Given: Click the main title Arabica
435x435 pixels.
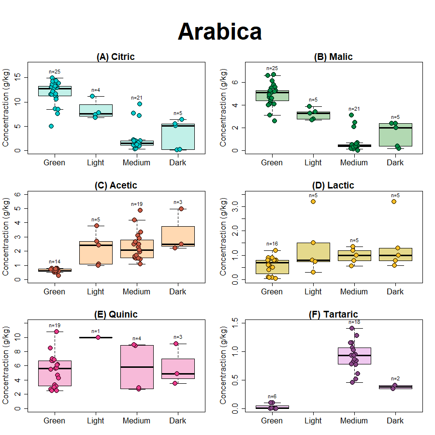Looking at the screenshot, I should [x=220, y=32].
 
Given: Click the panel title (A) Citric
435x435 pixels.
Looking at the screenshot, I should [x=116, y=57].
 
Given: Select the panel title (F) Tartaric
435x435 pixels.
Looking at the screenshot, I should [x=333, y=315].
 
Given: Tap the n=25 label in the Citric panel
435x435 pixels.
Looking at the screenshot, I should [x=54, y=72].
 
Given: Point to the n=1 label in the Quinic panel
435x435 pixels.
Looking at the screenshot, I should [x=95, y=332].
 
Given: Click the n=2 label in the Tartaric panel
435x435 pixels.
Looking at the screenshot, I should [x=395, y=379].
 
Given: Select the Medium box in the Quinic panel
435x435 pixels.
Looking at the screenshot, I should [x=137, y=367].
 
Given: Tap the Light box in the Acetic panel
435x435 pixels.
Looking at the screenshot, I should [x=96, y=252].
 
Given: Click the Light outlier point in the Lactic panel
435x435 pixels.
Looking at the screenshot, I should [x=313, y=202].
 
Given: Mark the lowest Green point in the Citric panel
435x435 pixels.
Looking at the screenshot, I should [x=51, y=126].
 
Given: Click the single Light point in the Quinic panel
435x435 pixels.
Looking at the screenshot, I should [x=98, y=337].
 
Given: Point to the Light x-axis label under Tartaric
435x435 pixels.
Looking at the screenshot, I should [x=313, y=420].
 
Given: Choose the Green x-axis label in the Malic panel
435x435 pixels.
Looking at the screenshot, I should [x=272, y=162].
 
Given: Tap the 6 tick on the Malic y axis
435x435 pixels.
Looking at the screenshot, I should [x=236, y=82].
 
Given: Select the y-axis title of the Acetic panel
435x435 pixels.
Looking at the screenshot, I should [x=6, y=237].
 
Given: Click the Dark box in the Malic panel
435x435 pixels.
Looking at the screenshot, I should [x=395, y=135].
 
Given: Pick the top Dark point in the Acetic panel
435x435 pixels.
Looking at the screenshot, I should [x=181, y=209].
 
